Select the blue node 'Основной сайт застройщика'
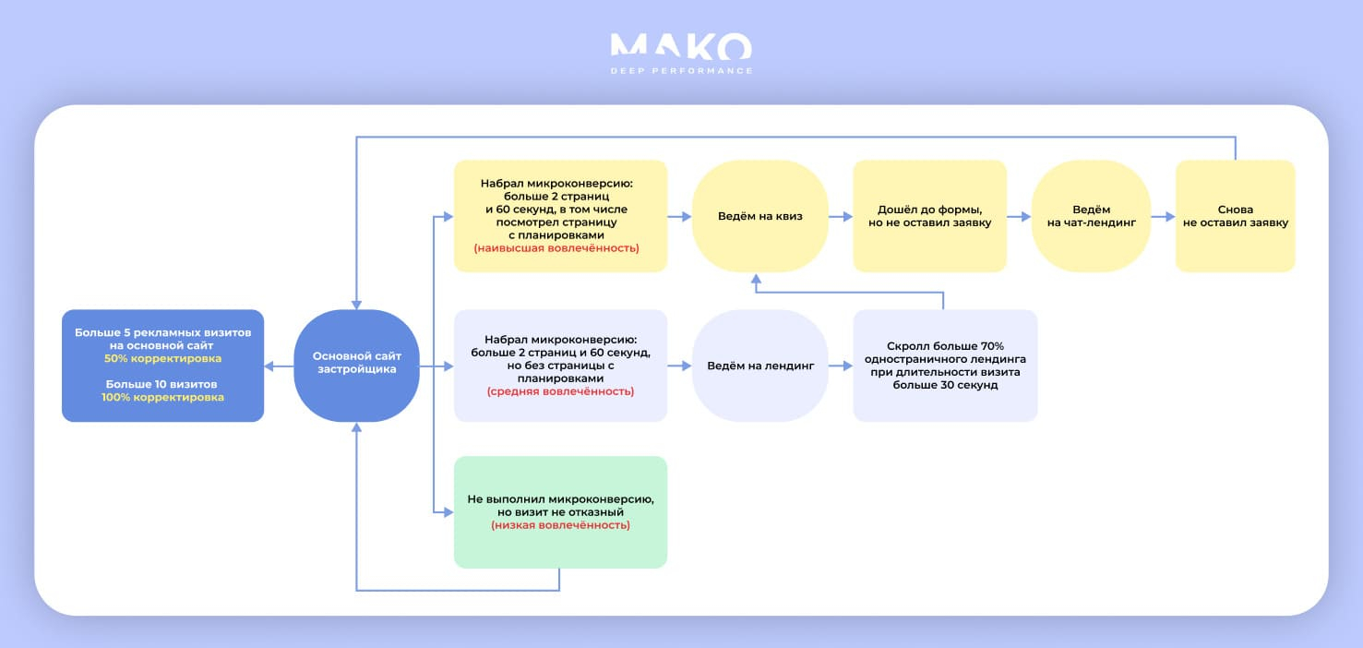pyautogui.click(x=356, y=366)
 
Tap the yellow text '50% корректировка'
pyautogui.click(x=162, y=358)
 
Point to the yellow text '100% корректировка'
pyautogui.click(x=162, y=397)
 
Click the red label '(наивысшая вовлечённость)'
pyautogui.click(x=556, y=248)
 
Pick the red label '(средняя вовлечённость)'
pyautogui.click(x=560, y=391)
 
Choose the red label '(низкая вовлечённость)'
pyautogui.click(x=560, y=525)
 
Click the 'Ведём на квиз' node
pyautogui.click(x=760, y=216)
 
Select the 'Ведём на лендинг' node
pyautogui.click(x=760, y=366)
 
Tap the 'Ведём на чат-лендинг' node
pyautogui.click(x=1091, y=216)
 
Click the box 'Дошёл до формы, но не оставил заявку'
pyautogui.click(x=930, y=216)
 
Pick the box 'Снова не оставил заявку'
pyautogui.click(x=1236, y=216)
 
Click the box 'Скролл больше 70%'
pyautogui.click(x=945, y=366)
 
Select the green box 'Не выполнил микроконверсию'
pyautogui.click(x=560, y=512)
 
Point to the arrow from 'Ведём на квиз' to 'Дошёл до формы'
pyautogui.click(x=841, y=217)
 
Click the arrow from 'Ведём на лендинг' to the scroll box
pyautogui.click(x=841, y=366)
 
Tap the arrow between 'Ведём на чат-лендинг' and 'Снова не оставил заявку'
pyautogui.click(x=1163, y=217)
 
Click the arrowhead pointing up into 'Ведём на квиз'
pyautogui.click(x=756, y=280)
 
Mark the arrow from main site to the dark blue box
pyautogui.click(x=279, y=366)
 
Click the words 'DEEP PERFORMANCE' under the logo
pyautogui.click(x=681, y=71)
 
